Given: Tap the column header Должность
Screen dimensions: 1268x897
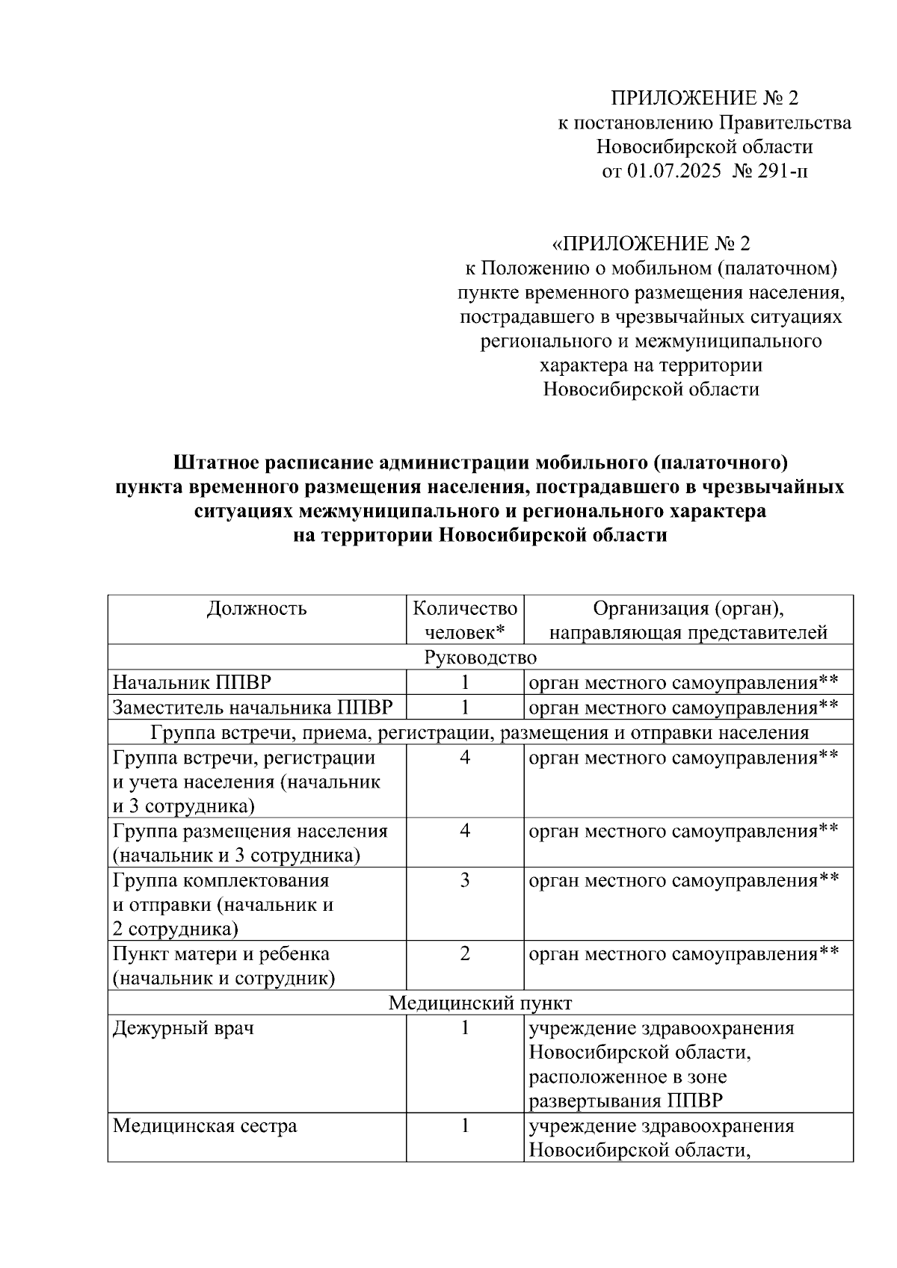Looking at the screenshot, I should pos(256,608).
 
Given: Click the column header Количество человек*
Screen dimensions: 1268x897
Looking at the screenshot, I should pos(465,620).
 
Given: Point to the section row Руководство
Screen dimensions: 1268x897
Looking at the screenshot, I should pos(480,658).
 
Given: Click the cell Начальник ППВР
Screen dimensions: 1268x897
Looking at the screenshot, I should pos(192,682).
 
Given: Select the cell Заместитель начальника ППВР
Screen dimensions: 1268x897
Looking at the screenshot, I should pos(253,707).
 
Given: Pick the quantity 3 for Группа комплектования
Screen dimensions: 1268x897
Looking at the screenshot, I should pos(465,880).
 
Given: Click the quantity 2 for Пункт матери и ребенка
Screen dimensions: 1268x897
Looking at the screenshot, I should pos(465,953).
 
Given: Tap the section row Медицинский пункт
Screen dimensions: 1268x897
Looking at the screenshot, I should pos(480,1003).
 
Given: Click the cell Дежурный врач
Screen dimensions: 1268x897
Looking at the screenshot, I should pos(183,1028).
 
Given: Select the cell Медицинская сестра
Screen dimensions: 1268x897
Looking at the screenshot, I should pos(205,1126).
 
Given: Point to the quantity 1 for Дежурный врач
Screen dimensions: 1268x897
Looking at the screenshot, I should pos(465,1028).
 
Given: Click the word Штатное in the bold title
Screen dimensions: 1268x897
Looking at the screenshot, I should pos(217,463).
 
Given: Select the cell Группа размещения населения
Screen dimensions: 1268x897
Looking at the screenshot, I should pos(250,831).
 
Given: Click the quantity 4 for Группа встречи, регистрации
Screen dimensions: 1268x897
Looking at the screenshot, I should pos(465,758).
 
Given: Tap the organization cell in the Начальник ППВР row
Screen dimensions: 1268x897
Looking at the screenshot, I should pos(682,682).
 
